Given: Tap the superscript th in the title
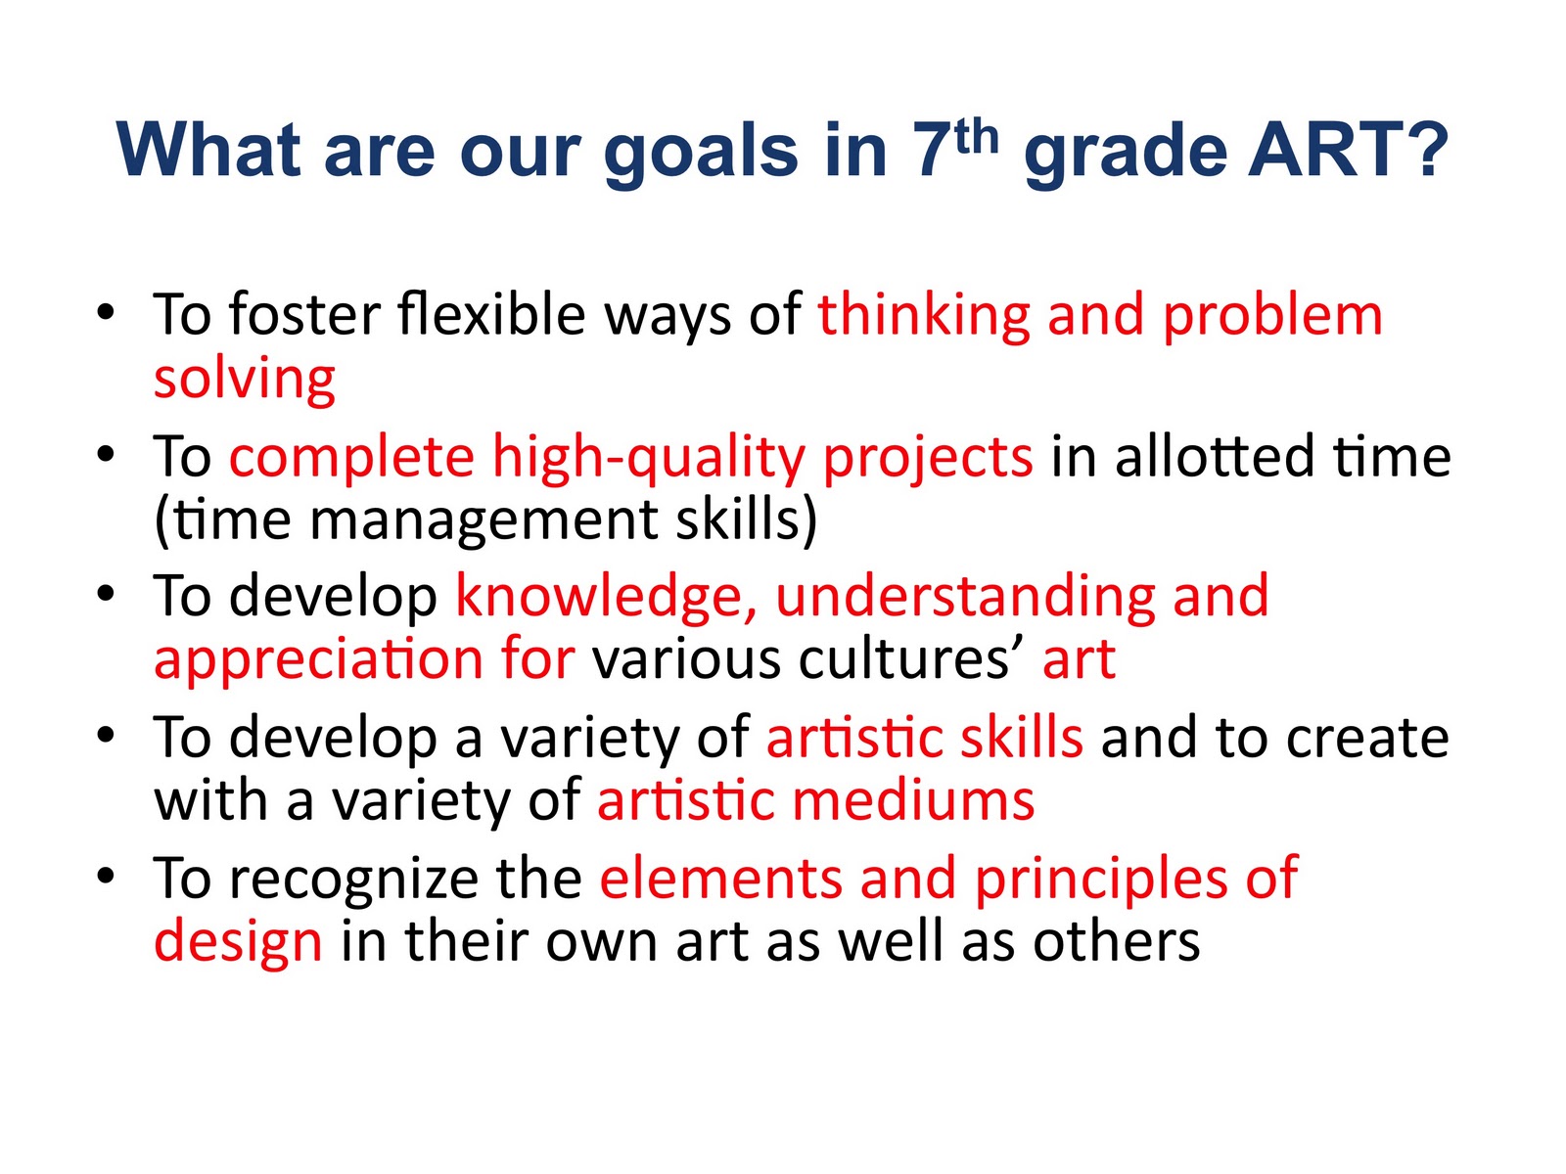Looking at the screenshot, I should (x=976, y=136).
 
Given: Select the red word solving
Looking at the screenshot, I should (x=245, y=379).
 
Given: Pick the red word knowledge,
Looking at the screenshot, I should (x=606, y=597).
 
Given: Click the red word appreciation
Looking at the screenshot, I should (x=318, y=660).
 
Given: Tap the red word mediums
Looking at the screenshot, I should (x=912, y=800).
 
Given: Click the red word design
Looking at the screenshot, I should (x=238, y=942).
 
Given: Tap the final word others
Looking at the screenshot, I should (x=1116, y=941).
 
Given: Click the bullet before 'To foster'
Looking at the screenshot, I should (x=106, y=314).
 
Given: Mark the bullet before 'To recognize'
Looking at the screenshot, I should (x=106, y=877).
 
